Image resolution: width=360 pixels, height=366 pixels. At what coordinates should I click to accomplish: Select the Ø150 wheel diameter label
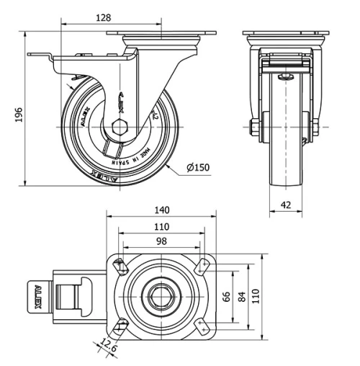[x=197, y=168]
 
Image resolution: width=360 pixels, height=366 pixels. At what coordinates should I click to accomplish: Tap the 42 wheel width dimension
[x=286, y=205]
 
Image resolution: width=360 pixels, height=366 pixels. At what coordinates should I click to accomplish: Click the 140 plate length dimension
[x=161, y=210]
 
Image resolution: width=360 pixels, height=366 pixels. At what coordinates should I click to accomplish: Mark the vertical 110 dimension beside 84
[x=256, y=296]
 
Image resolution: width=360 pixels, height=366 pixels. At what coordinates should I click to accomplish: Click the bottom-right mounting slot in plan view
[x=202, y=328]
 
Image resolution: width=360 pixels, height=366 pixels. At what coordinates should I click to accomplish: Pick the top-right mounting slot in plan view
[x=202, y=266]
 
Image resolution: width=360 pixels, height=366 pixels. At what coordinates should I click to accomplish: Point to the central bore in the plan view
[x=162, y=296]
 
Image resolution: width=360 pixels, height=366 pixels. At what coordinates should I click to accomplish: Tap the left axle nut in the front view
[x=255, y=128]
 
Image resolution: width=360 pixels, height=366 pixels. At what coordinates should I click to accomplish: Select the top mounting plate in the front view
[x=286, y=35]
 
